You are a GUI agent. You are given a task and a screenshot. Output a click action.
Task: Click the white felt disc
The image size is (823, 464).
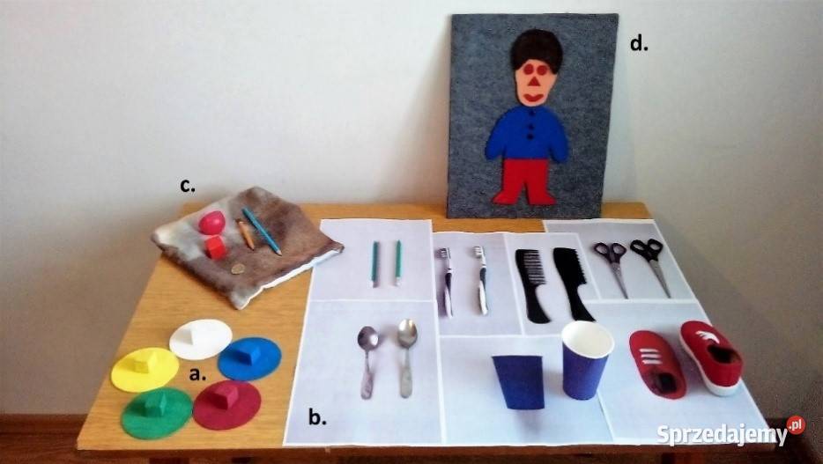(201, 339)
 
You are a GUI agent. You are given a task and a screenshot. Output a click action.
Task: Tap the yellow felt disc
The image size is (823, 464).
(145, 369)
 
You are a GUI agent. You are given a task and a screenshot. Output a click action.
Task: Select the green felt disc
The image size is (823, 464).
(157, 413)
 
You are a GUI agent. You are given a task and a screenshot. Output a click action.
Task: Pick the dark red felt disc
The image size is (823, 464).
(226, 404)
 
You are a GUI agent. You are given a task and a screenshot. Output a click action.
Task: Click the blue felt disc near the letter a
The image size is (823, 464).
(249, 358)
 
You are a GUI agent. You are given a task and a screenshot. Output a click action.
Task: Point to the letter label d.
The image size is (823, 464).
(639, 44)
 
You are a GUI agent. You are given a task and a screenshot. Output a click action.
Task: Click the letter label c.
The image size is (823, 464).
(188, 185)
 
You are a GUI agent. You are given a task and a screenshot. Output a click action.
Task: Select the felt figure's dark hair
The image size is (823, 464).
(536, 50)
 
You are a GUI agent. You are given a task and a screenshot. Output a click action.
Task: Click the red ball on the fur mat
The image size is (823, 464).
(211, 223)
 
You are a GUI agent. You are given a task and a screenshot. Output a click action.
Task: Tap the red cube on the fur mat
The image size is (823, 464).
(216, 247)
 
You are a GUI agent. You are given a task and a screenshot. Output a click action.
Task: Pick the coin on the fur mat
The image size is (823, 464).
(238, 269)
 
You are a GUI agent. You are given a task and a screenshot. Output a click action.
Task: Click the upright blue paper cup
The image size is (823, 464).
(587, 360)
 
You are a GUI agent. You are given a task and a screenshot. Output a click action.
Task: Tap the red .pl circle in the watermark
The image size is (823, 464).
(796, 425)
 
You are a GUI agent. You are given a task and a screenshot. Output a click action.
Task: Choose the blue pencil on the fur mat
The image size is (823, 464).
(262, 232)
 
